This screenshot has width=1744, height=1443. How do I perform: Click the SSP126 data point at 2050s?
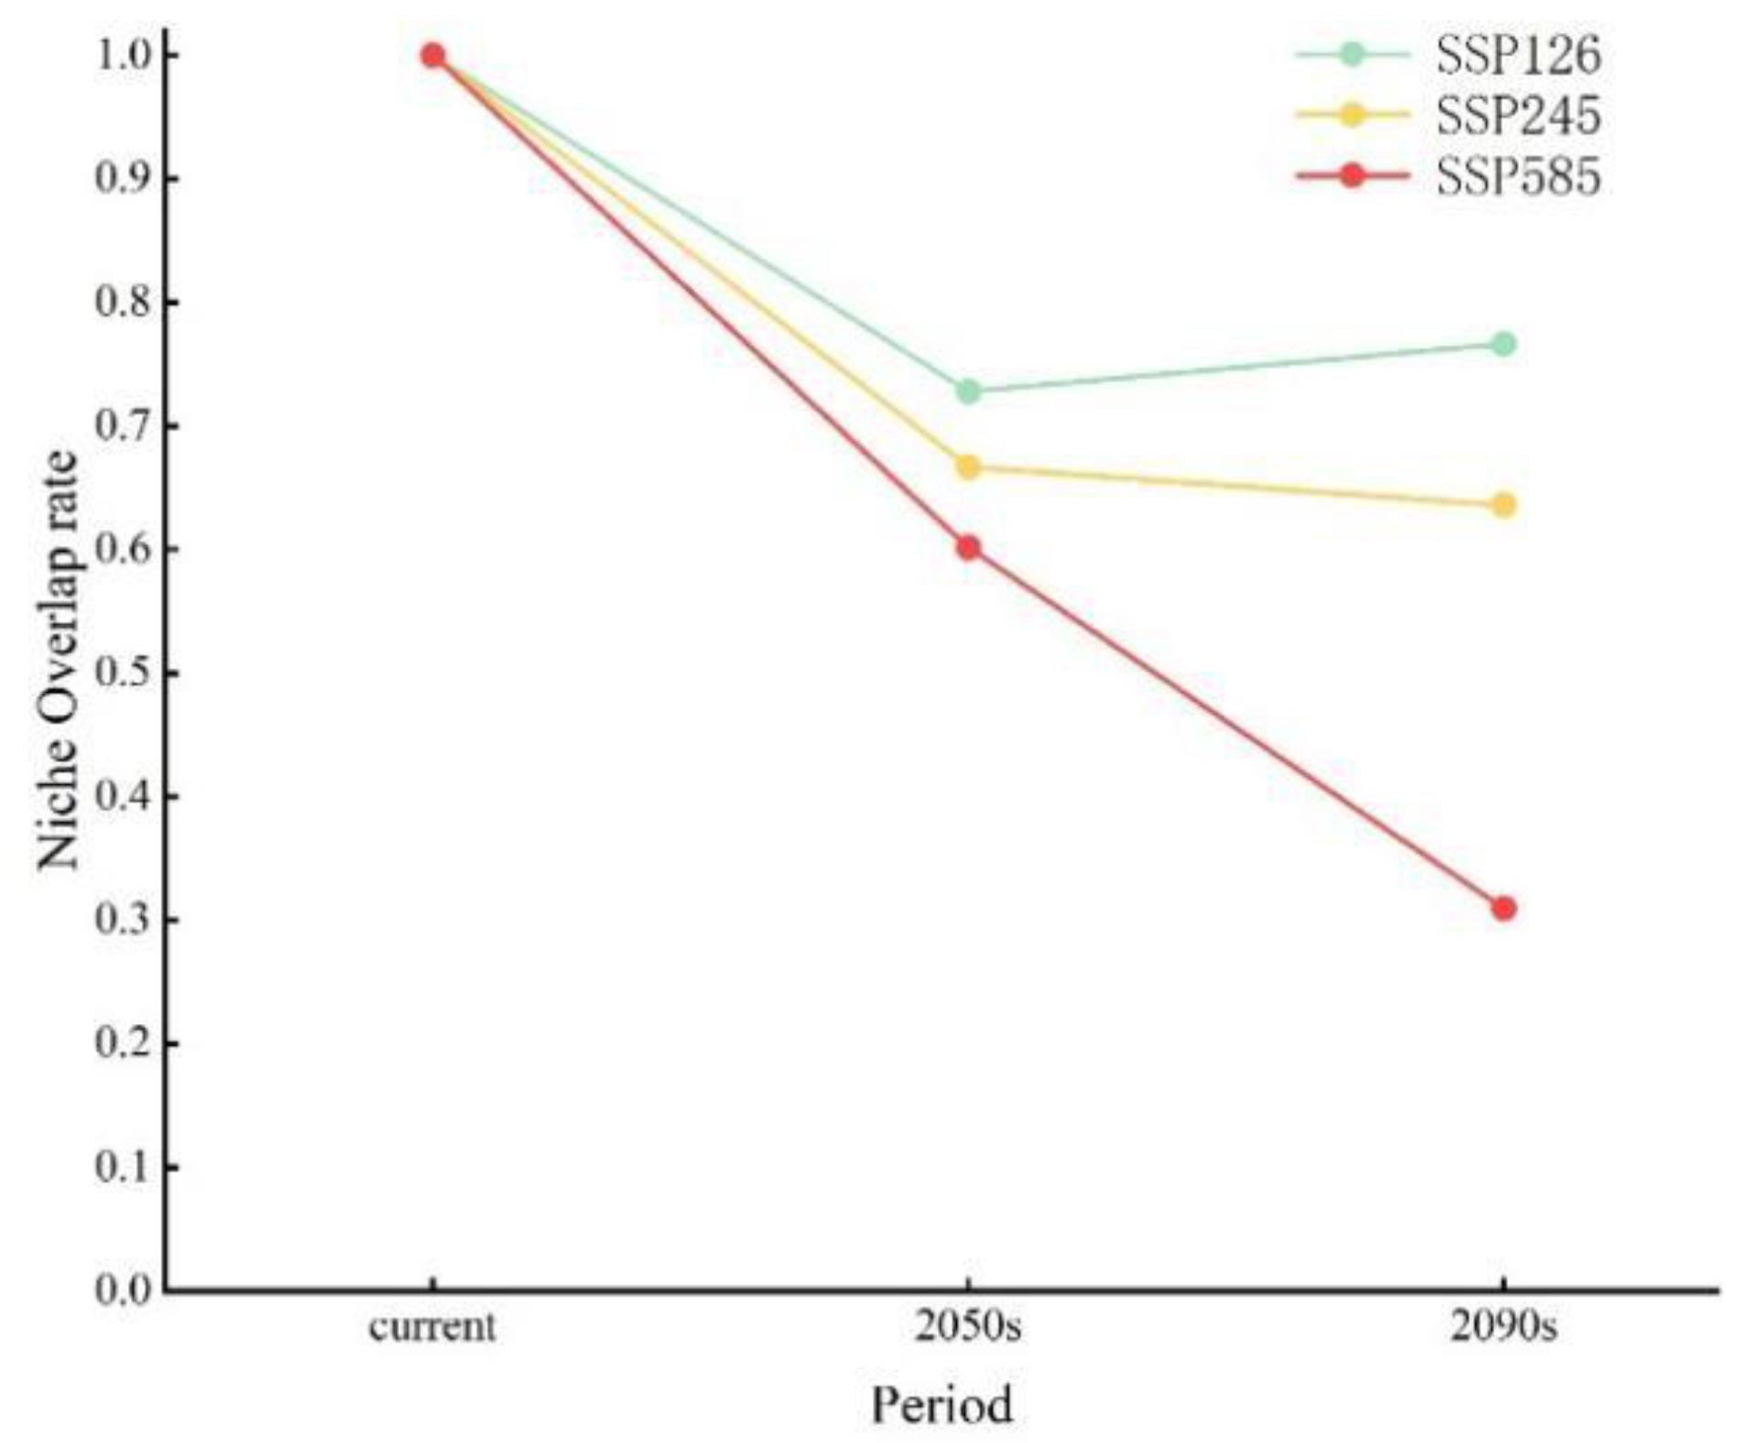tap(967, 392)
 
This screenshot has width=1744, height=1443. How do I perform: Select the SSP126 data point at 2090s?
tap(1502, 344)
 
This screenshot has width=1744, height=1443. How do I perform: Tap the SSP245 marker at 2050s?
tap(967, 468)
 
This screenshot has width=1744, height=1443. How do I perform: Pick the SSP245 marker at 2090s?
tap(1502, 505)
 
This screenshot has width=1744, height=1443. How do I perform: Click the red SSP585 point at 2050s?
tap(967, 548)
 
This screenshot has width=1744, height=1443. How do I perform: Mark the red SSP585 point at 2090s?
tap(1502, 909)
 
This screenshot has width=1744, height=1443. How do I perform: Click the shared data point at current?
tap(433, 56)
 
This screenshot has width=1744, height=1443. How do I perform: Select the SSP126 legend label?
tap(1518, 56)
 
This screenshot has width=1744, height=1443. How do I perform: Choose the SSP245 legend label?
tap(1518, 116)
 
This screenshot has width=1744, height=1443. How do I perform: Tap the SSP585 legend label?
tap(1518, 176)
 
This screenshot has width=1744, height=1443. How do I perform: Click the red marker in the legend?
tap(1351, 176)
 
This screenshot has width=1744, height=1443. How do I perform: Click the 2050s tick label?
tap(967, 1327)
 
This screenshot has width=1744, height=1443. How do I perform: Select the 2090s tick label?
tap(1502, 1327)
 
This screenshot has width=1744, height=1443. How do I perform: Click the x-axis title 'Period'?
tap(942, 1405)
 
